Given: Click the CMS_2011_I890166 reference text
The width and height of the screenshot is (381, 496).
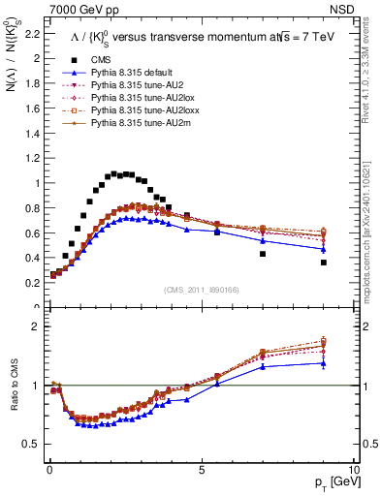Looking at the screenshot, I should (202, 292).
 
